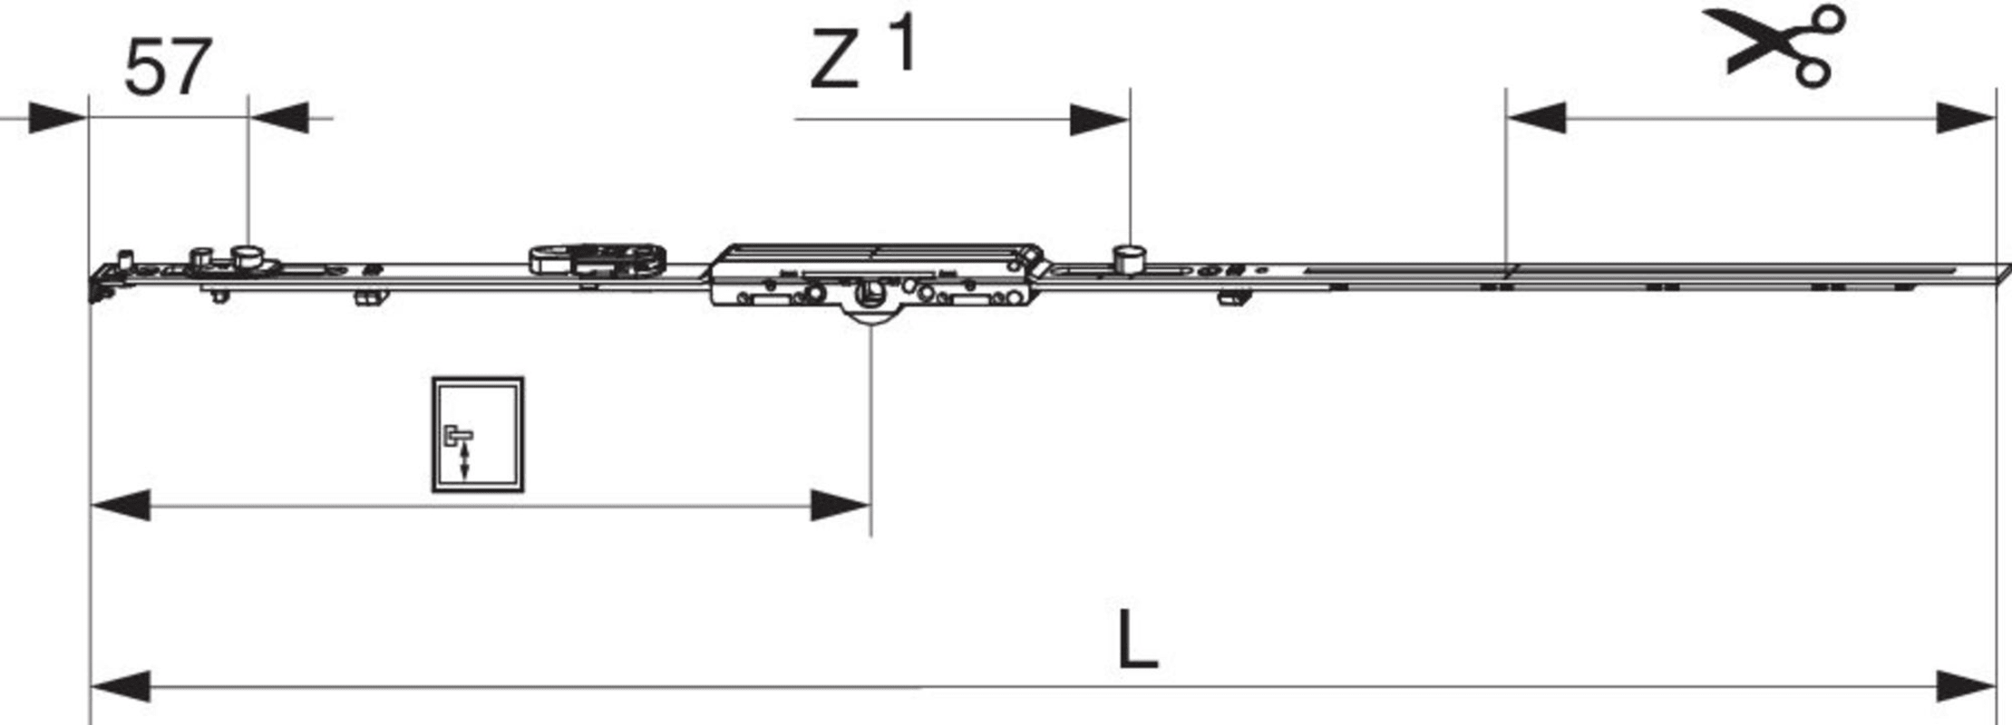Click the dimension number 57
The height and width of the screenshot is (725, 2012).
(168, 67)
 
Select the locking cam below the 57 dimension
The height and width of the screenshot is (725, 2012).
(247, 256)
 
